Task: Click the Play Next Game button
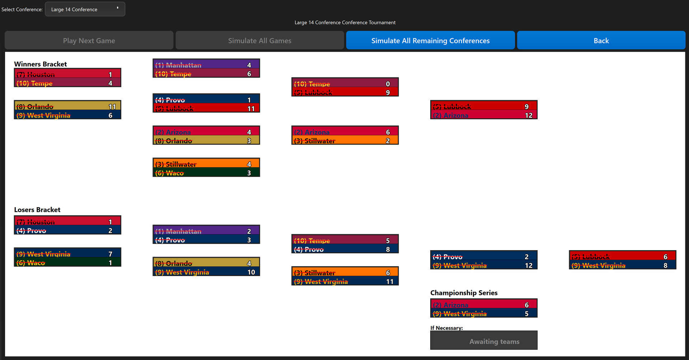click(x=89, y=41)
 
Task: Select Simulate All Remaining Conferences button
click(x=430, y=41)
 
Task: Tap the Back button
click(x=601, y=41)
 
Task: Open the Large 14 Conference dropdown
click(x=85, y=9)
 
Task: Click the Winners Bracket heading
click(x=41, y=64)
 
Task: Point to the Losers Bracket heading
click(x=37, y=210)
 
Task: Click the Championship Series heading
click(x=464, y=293)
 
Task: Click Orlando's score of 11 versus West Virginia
click(x=112, y=107)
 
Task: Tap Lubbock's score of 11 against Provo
click(x=251, y=108)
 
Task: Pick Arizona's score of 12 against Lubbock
click(x=528, y=115)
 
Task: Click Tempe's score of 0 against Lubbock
click(x=388, y=84)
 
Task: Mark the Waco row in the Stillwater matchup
click(x=206, y=173)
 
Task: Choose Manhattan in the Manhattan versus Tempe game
click(x=206, y=65)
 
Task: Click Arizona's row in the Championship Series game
click(x=483, y=305)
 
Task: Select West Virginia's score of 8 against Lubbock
click(x=665, y=266)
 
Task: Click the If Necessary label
click(x=446, y=328)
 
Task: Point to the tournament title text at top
click(x=344, y=22)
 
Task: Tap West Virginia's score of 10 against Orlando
click(x=251, y=272)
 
